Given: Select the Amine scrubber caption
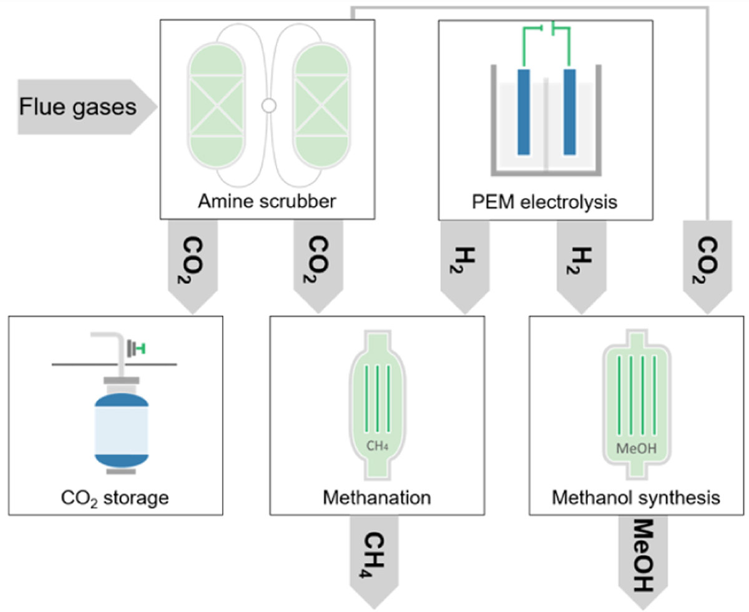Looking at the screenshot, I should (268, 201).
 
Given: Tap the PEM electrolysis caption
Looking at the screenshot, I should (545, 201).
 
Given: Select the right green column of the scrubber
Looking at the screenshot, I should (322, 107).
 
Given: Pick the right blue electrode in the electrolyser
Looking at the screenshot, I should (569, 112).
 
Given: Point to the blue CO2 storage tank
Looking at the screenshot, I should (121, 430).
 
